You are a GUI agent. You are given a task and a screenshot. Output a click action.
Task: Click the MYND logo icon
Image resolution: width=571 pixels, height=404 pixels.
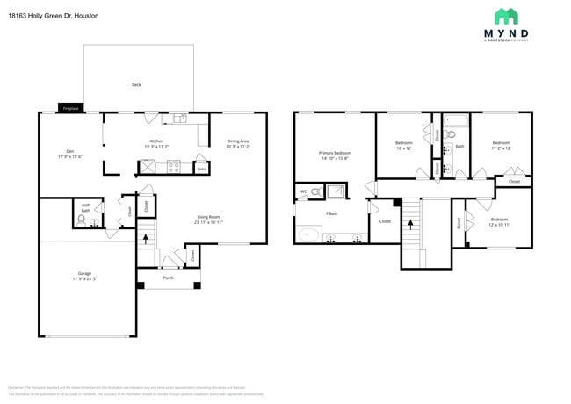[x=506, y=16]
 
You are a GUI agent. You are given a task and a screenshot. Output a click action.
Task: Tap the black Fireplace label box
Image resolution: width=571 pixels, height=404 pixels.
[x=69, y=108]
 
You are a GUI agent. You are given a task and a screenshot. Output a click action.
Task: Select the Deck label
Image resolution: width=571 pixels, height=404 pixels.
[x=136, y=85]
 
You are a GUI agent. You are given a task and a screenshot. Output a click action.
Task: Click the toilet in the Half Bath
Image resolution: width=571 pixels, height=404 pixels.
[x=82, y=222]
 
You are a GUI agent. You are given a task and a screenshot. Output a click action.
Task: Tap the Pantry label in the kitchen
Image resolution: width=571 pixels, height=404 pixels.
[x=201, y=168]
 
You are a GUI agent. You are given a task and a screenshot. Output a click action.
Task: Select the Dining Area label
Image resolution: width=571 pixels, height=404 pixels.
[x=238, y=141]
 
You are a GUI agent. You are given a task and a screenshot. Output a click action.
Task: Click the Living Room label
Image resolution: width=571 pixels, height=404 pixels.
[x=207, y=218]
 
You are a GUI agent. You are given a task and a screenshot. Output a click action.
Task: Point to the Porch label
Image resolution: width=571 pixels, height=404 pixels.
[x=168, y=279]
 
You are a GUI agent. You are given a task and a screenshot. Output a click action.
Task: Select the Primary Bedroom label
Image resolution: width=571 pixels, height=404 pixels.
[x=335, y=153]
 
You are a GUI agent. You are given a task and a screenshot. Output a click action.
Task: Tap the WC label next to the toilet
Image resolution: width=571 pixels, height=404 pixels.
[x=304, y=191]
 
